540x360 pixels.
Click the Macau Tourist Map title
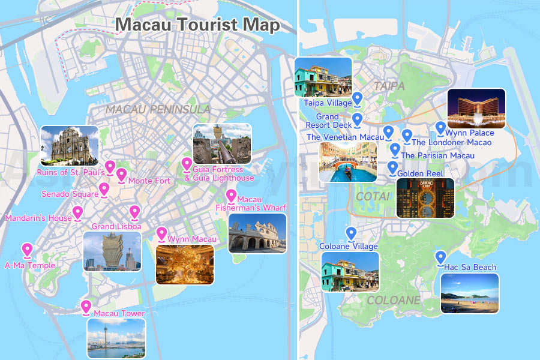point(197,25)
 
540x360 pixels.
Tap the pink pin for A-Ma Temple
point(27,250)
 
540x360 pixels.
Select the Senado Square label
point(70,194)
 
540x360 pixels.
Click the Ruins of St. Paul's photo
point(69,145)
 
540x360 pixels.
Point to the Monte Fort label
point(149,181)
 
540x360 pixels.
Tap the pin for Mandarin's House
point(77,213)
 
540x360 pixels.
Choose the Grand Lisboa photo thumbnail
point(112,251)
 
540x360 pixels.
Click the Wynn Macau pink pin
point(161,234)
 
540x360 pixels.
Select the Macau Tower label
point(119,314)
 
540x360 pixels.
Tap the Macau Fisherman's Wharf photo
point(257,233)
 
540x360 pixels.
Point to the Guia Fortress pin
point(187,164)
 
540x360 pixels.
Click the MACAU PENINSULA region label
point(158,109)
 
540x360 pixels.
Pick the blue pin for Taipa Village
point(358,98)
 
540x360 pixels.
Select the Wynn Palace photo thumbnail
point(476,109)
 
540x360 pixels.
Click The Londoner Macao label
point(451,143)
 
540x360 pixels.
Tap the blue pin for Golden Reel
point(392,167)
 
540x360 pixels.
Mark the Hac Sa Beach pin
point(440,257)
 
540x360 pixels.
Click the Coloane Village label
point(349,247)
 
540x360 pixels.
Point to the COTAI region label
point(373,197)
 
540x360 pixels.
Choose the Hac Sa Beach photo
point(469,293)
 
